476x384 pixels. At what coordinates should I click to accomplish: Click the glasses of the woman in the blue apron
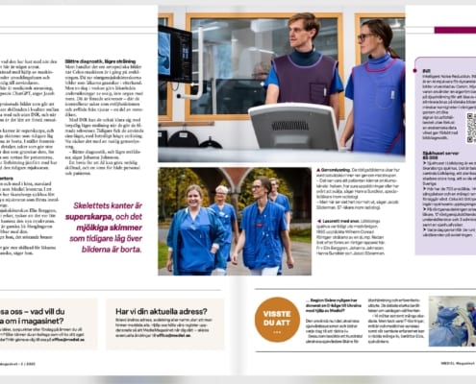click(367, 37)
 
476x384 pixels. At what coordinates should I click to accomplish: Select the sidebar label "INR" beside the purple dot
click(424, 70)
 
